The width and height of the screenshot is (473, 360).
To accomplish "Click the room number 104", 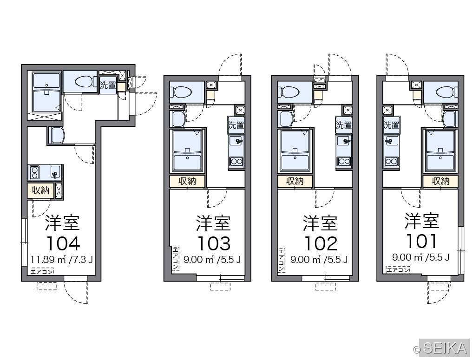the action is pyautogui.click(x=63, y=243).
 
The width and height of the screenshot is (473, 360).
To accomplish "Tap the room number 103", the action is pyautogui.click(x=214, y=243).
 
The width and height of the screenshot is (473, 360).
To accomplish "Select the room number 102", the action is pyautogui.click(x=320, y=243).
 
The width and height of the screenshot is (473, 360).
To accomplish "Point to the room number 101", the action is pyautogui.click(x=421, y=241).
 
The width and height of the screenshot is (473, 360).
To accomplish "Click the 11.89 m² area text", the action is pyautogui.click(x=48, y=259).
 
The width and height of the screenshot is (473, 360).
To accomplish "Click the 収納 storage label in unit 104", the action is pyautogui.click(x=40, y=190).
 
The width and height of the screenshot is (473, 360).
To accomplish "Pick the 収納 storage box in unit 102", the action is pyautogui.click(x=295, y=181).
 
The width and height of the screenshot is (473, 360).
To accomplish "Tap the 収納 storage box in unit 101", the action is pyautogui.click(x=440, y=181).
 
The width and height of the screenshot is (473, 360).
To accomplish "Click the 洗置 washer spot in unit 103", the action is pyautogui.click(x=236, y=125).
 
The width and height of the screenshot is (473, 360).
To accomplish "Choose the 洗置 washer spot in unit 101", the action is pyautogui.click(x=391, y=125).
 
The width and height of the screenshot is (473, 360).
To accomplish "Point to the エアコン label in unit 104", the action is pyautogui.click(x=42, y=271).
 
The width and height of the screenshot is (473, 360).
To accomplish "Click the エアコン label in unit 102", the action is pyautogui.click(x=282, y=260).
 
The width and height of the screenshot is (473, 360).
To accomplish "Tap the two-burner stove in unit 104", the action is pyautogui.click(x=34, y=172).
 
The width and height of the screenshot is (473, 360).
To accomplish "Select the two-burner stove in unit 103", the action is pyautogui.click(x=236, y=162).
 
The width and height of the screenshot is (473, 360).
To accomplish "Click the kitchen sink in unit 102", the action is pyautogui.click(x=344, y=141).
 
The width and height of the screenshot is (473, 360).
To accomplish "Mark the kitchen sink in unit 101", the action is pyautogui.click(x=391, y=141).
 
